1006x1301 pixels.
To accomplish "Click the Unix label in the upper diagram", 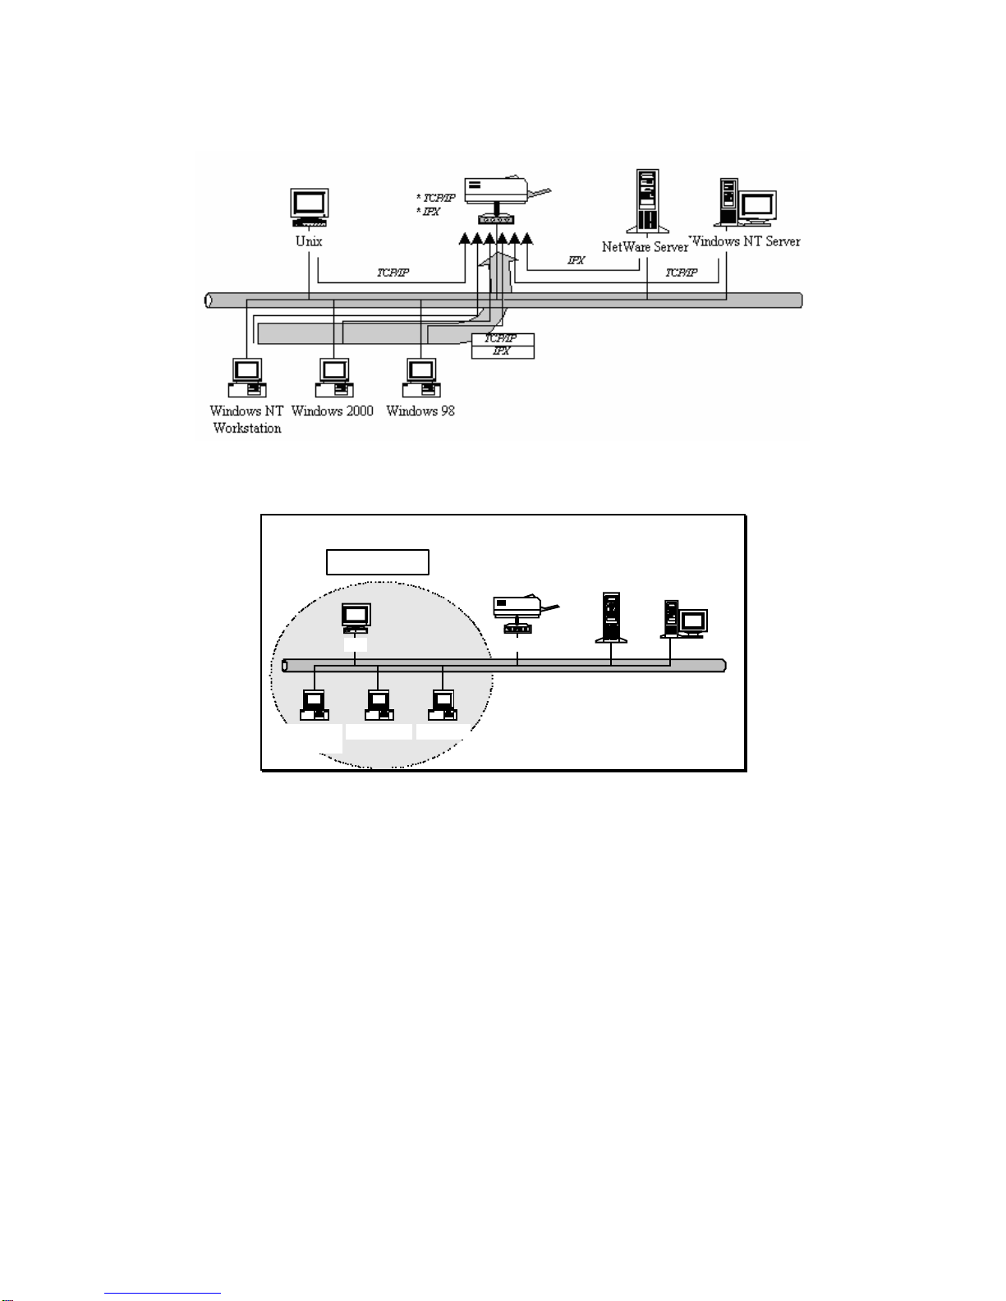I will (x=309, y=241).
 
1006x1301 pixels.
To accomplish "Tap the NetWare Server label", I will (x=645, y=247).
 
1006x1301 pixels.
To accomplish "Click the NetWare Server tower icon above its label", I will (x=647, y=201).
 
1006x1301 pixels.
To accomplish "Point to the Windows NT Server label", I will (x=746, y=241).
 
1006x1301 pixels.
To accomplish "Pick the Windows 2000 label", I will (x=333, y=411).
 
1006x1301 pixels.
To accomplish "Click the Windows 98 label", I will (x=420, y=411).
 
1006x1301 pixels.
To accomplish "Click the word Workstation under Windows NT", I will (x=247, y=428).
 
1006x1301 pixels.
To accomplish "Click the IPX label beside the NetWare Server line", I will (x=576, y=260).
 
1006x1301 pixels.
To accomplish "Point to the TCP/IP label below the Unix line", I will (x=393, y=273).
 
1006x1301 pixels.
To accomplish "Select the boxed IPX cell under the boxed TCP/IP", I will (x=503, y=351).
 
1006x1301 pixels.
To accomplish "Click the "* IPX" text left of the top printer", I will (x=429, y=212).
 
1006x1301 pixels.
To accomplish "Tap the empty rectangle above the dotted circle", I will (x=378, y=562).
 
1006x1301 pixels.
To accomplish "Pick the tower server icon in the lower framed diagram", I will (x=611, y=616).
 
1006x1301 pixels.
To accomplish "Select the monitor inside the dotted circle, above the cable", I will (x=356, y=617).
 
